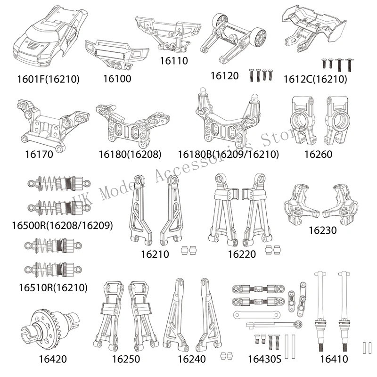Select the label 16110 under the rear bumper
click(173, 60)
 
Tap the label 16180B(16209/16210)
click(229, 154)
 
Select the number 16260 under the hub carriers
click(318, 153)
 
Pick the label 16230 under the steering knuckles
click(323, 230)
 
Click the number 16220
click(242, 254)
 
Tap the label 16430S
click(264, 359)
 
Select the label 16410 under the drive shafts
click(334, 359)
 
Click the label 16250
click(126, 359)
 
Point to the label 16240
click(192, 359)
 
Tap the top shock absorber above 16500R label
click(57, 183)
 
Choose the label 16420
click(51, 359)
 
